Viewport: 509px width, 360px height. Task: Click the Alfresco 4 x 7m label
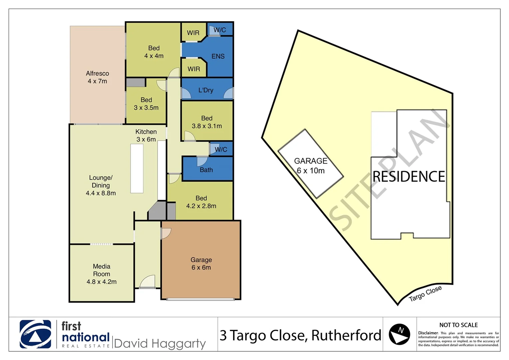click(x=97, y=77)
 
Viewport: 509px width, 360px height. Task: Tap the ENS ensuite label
click(x=218, y=56)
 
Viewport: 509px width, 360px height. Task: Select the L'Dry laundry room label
click(x=206, y=90)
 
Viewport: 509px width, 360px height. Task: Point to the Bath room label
click(x=206, y=170)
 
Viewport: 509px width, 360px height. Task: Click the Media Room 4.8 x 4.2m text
click(x=102, y=274)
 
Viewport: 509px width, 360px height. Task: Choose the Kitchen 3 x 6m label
click(x=146, y=136)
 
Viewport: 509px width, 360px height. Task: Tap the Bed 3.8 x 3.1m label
click(x=207, y=122)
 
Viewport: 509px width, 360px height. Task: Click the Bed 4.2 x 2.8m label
click(x=201, y=202)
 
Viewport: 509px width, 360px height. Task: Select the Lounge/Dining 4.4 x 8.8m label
click(x=101, y=185)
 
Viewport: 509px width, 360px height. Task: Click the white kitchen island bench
click(x=137, y=168)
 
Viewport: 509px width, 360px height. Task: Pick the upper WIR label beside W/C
click(x=193, y=33)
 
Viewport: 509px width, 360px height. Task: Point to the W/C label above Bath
click(x=221, y=149)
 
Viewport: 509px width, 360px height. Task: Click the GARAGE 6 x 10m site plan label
click(x=311, y=166)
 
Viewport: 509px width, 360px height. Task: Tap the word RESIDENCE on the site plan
click(x=409, y=177)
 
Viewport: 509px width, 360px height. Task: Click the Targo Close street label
click(x=425, y=293)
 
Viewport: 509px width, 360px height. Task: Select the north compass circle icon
click(x=399, y=334)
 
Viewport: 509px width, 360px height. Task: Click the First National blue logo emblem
click(x=35, y=334)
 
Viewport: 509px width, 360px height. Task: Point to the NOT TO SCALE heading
click(x=458, y=325)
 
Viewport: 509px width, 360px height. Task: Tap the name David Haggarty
click(x=160, y=343)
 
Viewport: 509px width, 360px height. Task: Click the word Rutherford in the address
click(x=346, y=335)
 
